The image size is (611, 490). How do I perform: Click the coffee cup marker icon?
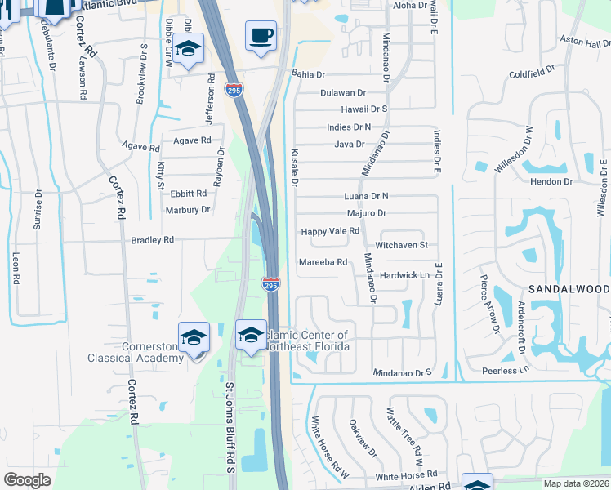[x=261, y=37]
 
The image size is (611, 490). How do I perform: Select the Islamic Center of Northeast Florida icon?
[x=251, y=334]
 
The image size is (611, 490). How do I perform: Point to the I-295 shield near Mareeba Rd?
[x=271, y=284]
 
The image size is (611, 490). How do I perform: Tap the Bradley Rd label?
[x=153, y=240]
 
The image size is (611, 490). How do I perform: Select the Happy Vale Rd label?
[x=331, y=231]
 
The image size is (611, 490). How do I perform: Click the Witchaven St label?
[x=401, y=245]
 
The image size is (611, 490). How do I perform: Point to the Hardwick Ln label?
[x=404, y=275]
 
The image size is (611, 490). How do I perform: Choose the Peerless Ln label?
[x=506, y=370]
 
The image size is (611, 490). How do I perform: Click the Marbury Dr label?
[x=189, y=210]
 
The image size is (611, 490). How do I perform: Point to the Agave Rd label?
[x=140, y=147]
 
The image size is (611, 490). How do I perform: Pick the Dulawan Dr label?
[x=342, y=93]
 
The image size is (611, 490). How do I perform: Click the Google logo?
[x=27, y=480]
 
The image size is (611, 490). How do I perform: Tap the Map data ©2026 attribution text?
[x=575, y=483]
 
